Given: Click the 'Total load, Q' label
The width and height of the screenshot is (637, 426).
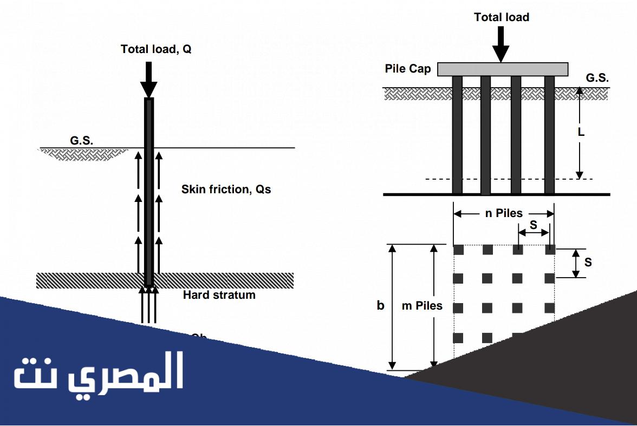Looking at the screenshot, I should [156, 49].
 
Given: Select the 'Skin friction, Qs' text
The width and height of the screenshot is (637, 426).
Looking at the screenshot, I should [226, 189].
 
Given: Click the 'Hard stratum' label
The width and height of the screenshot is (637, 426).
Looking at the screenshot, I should [219, 295].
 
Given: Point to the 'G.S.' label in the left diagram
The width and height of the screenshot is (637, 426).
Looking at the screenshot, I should [81, 141].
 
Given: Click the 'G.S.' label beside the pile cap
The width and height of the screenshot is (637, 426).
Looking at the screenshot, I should [597, 78].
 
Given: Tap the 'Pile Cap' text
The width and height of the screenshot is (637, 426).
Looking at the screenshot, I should [408, 69].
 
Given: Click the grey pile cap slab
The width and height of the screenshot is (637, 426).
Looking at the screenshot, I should [503, 69].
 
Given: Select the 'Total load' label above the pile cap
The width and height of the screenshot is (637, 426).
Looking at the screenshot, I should [502, 17].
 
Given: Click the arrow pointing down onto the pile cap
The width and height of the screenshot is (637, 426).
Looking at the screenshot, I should [501, 43].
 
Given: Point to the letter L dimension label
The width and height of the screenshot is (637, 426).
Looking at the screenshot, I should [581, 132].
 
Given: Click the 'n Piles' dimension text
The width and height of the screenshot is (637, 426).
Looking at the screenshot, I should [504, 213].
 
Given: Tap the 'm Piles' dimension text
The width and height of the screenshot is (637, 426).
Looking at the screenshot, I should [422, 306].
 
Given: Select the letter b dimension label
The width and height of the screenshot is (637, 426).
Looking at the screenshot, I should [381, 306].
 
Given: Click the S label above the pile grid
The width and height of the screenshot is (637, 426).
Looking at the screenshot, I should [534, 224].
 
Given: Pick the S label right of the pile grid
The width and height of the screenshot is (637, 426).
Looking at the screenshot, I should [588, 263].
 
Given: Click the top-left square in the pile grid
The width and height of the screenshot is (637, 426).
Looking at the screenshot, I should [458, 250].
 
